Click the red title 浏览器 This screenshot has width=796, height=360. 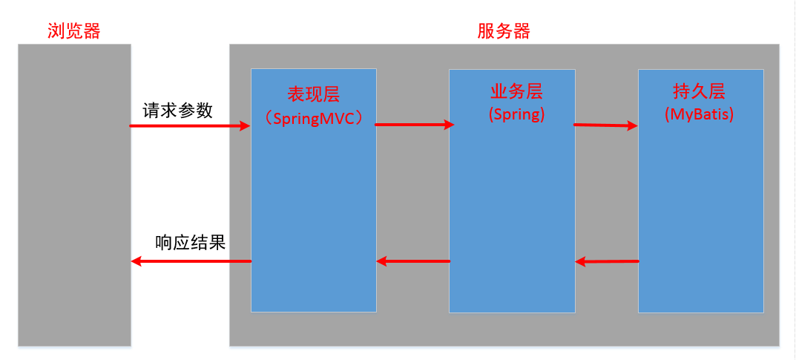click(x=73, y=30)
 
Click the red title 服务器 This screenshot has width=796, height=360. click(x=504, y=30)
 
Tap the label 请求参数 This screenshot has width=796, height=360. click(x=178, y=111)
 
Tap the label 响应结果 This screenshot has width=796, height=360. click(x=190, y=243)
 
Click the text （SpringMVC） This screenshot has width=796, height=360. click(x=313, y=118)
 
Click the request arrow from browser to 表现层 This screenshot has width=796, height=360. click(x=189, y=126)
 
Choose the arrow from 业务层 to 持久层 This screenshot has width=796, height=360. click(x=605, y=125)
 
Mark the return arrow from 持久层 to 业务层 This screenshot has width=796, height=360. click(x=607, y=261)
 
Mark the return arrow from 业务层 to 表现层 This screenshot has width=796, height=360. click(x=413, y=261)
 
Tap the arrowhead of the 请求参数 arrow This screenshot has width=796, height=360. click(x=246, y=126)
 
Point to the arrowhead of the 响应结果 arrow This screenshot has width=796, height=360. click(x=136, y=261)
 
